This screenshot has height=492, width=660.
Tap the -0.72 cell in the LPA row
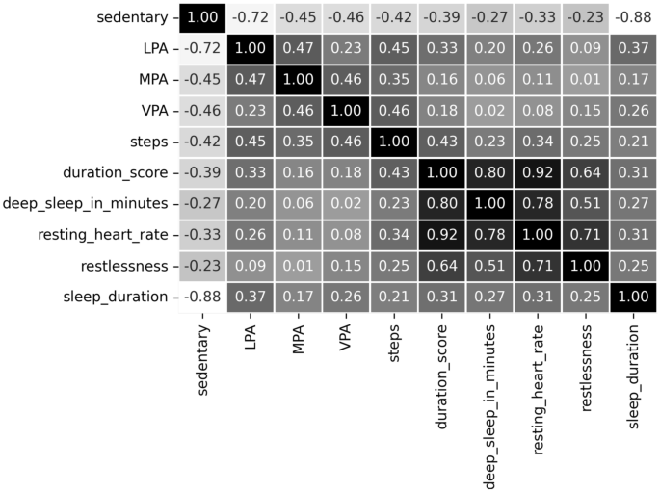click(202, 49)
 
